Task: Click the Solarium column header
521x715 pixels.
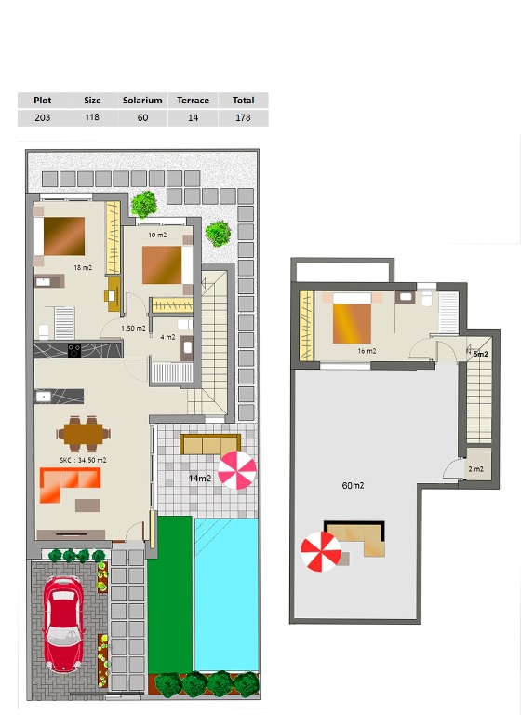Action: (x=142, y=101)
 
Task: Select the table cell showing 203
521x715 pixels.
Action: (x=43, y=117)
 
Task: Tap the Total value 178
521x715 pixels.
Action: (x=243, y=117)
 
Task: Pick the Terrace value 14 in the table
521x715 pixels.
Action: (x=193, y=117)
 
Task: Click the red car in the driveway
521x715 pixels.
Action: (x=63, y=625)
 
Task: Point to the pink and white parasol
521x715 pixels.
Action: (x=236, y=470)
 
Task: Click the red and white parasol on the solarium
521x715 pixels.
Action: (x=321, y=552)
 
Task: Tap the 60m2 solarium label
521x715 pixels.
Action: (x=353, y=486)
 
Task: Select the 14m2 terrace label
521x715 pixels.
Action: (x=200, y=479)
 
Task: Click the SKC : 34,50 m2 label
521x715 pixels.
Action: (x=83, y=460)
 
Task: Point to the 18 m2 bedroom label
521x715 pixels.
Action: (x=83, y=268)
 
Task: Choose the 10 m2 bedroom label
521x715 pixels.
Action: (x=157, y=235)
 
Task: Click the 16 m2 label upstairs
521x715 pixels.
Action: (x=367, y=351)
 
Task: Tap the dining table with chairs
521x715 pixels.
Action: (x=84, y=434)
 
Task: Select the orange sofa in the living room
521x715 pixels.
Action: (x=70, y=485)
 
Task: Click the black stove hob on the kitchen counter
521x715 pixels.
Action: (x=74, y=351)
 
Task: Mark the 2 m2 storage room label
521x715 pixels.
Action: (x=475, y=469)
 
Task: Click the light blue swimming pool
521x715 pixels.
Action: (x=226, y=595)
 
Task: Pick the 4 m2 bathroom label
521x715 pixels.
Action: (x=167, y=337)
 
